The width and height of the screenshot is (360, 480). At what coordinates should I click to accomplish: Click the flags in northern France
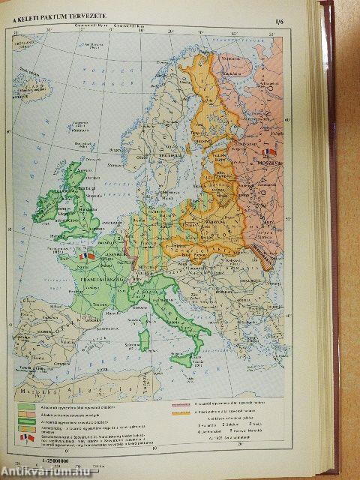pyautogui.click(x=87, y=256)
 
